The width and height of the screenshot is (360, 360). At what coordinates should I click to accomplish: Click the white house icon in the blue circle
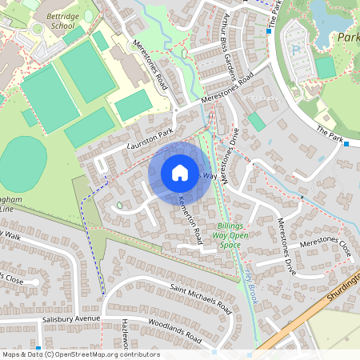[179, 172]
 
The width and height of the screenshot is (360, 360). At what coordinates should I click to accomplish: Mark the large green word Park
[348, 38]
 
